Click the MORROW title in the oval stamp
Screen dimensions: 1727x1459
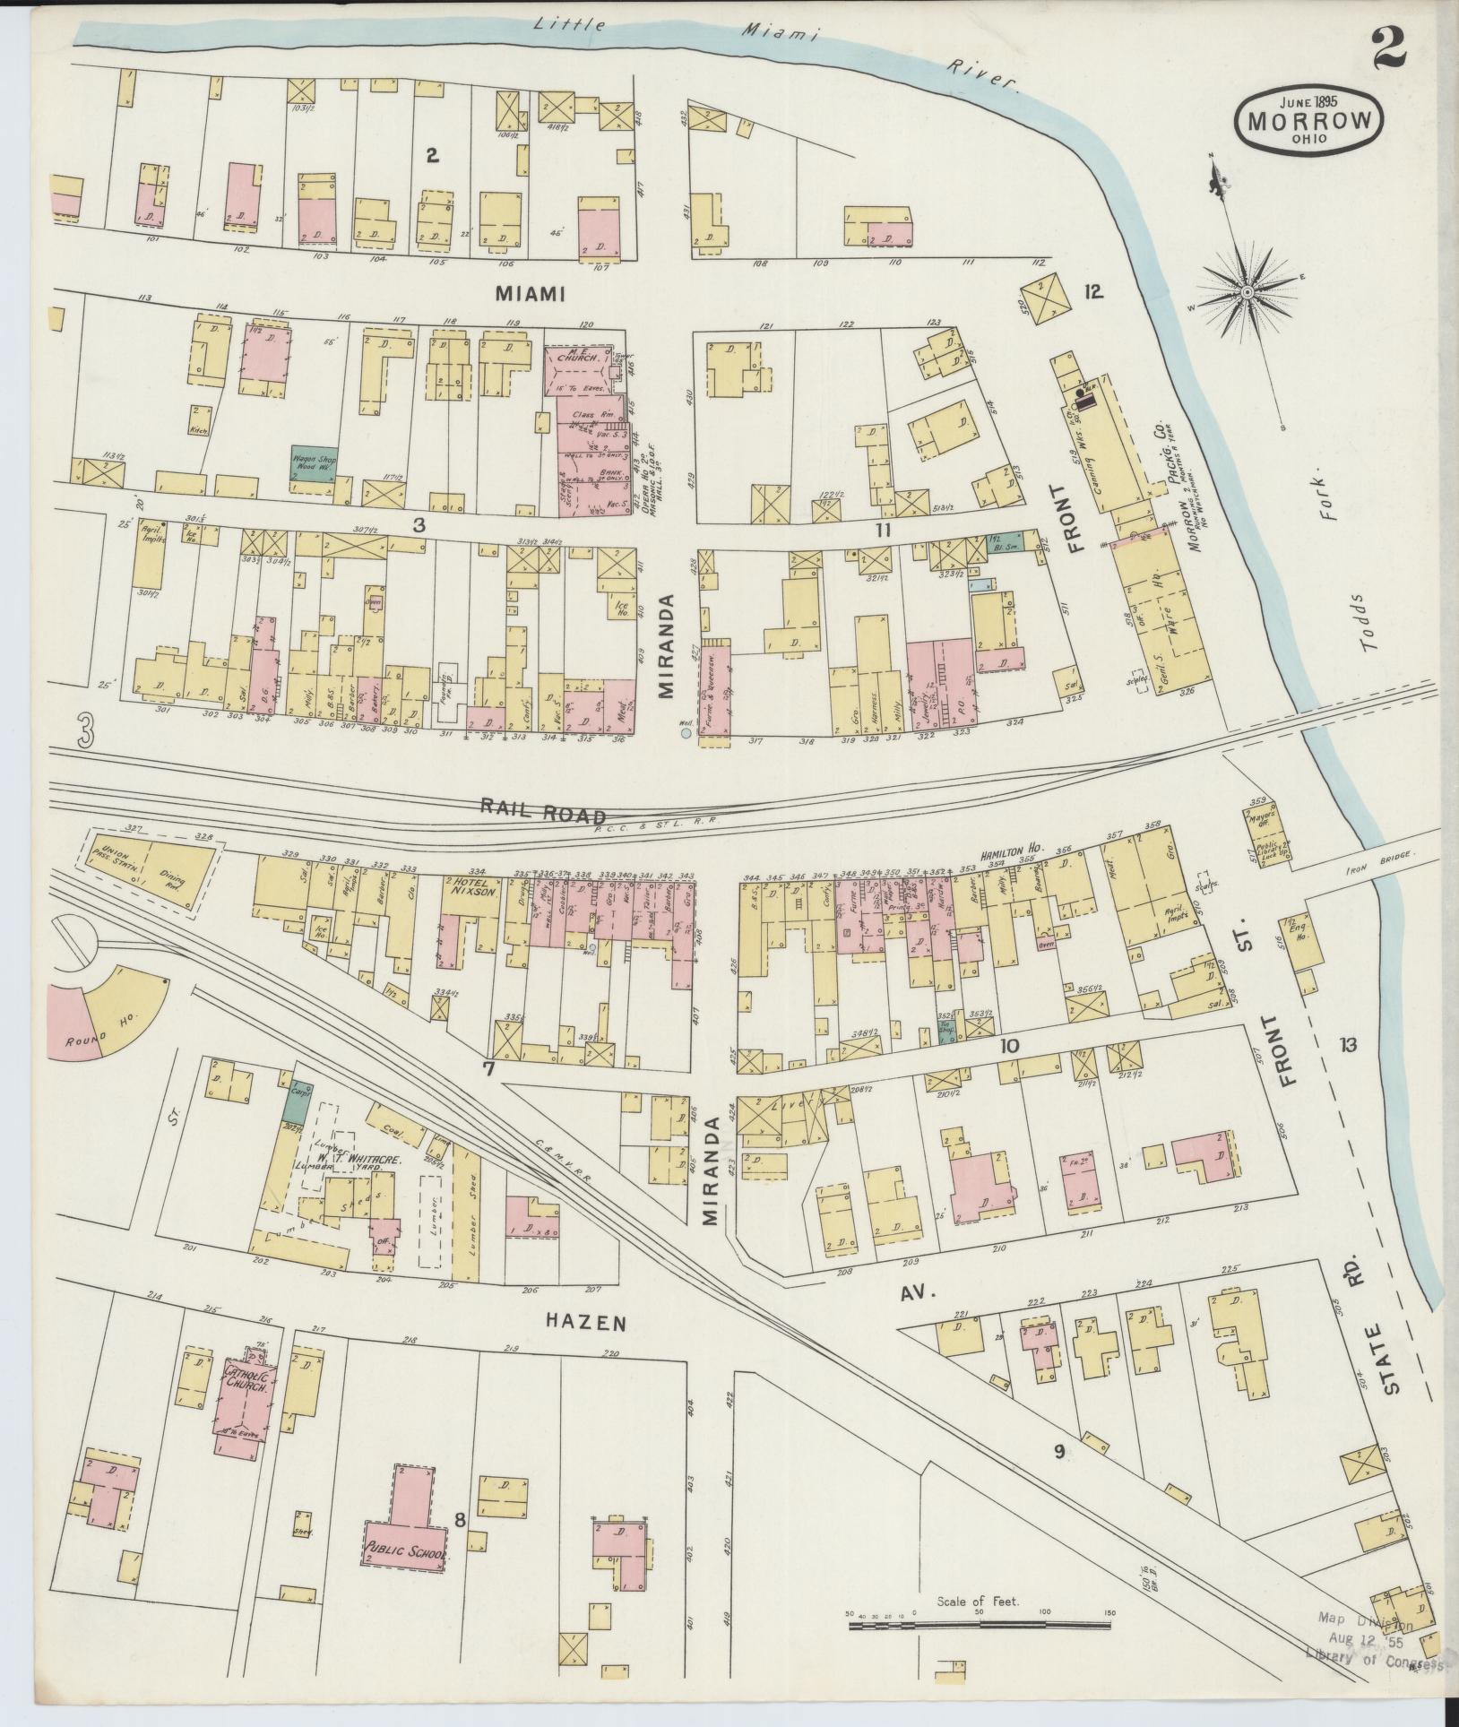point(1308,120)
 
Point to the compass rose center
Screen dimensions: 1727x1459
point(1247,292)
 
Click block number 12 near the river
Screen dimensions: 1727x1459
point(1092,291)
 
